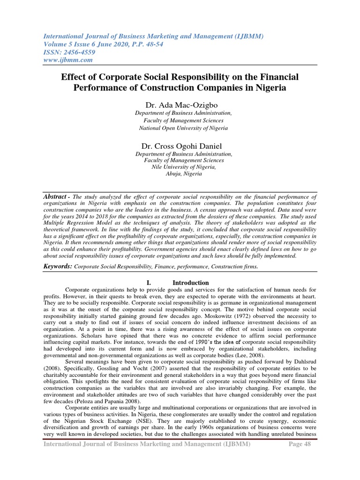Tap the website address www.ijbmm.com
pyautogui.click(x=68, y=60)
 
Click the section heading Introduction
pyautogui.click(x=191, y=283)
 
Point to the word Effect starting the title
pyautogui.click(x=75, y=76)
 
